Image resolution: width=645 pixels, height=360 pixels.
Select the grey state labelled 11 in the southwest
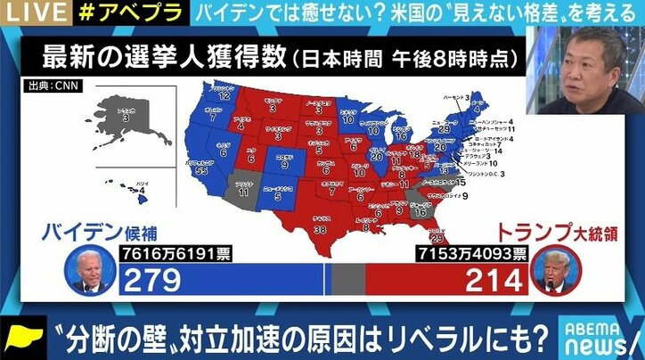[x=244, y=189]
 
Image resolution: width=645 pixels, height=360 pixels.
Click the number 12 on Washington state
[x=225, y=95]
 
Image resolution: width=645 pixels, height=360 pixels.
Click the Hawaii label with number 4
[x=141, y=188]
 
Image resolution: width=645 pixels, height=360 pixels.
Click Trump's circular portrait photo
[x=557, y=272]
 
